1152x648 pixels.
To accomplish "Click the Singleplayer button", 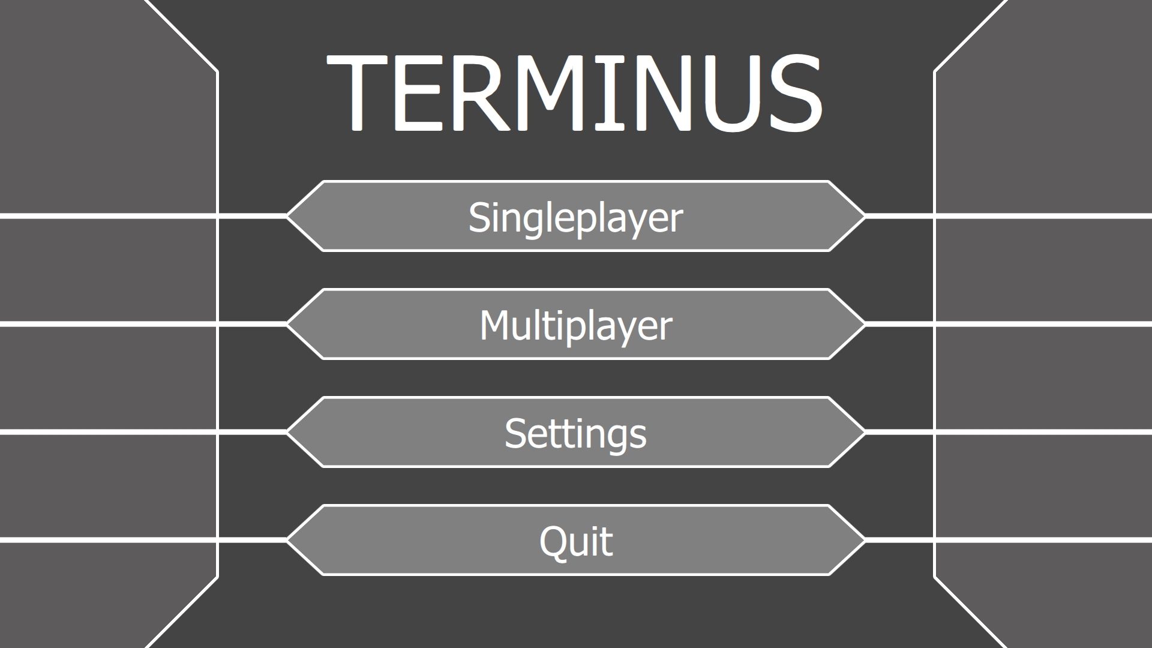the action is [576, 216].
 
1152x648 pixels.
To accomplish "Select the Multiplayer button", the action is [576, 324].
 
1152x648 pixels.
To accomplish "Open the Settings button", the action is [576, 432].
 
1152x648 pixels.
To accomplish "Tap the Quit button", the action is [576, 540].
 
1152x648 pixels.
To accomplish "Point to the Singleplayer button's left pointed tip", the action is [287, 216].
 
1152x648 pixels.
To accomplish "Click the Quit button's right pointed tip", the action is [865, 540].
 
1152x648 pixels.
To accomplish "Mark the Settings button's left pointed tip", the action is [287, 432].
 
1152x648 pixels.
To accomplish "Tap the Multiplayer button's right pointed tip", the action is [865, 324].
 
